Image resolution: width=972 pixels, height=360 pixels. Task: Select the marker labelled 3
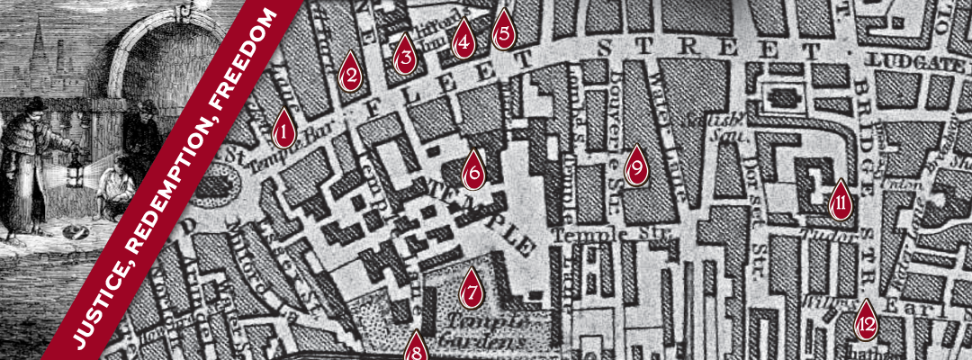[406, 56]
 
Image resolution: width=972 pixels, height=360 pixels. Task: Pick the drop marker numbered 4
[463, 40]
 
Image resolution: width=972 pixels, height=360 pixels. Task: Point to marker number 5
[504, 31]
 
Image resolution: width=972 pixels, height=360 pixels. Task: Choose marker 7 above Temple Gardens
[471, 288]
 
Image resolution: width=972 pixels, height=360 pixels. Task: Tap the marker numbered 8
[415, 347]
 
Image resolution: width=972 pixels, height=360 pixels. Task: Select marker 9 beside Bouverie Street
[636, 166]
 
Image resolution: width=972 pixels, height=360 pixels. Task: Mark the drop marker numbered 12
[866, 320]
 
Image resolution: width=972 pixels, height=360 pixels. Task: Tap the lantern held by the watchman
[76, 167]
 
